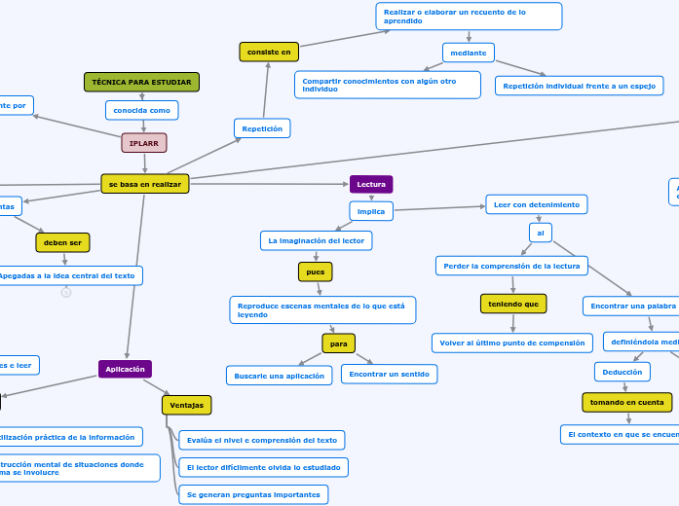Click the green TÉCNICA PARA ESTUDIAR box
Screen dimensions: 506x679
click(141, 83)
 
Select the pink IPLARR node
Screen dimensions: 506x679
click(144, 143)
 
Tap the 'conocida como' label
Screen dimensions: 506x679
click(141, 110)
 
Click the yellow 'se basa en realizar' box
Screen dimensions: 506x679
click(144, 184)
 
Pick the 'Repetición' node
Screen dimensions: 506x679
click(262, 127)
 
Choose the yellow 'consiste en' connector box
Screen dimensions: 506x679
click(269, 52)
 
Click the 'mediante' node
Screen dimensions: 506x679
click(469, 52)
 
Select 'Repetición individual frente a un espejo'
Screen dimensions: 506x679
click(579, 86)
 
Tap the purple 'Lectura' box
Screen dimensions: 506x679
click(371, 184)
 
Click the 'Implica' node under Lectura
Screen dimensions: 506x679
click(371, 210)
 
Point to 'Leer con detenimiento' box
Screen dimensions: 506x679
click(536, 204)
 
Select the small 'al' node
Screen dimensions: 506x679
click(540, 233)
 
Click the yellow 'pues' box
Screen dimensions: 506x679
click(316, 271)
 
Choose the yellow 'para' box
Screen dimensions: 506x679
click(338, 343)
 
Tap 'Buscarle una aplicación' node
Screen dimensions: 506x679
click(280, 375)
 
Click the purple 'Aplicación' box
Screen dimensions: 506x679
click(125, 369)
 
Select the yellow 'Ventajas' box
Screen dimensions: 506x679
click(186, 404)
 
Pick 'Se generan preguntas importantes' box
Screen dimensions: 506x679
click(253, 494)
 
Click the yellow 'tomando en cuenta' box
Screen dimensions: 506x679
click(626, 402)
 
